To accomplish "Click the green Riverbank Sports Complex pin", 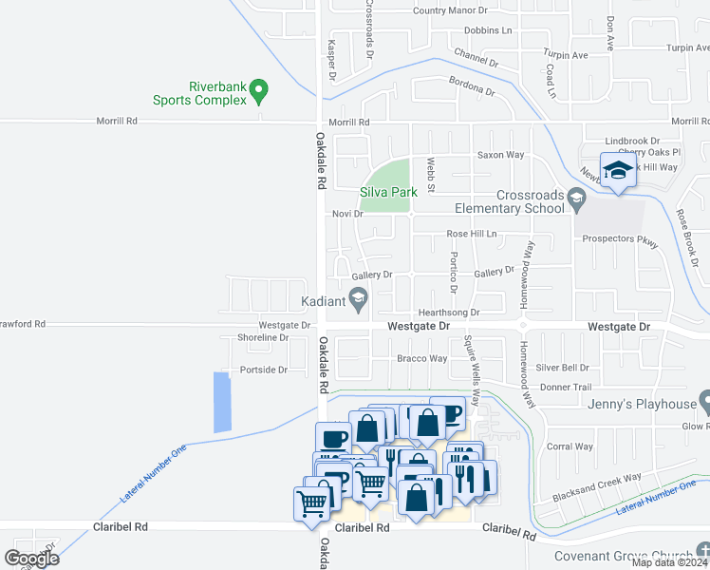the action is (x=258, y=92).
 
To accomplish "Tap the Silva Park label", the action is (x=389, y=192).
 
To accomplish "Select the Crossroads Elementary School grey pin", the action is (x=576, y=200).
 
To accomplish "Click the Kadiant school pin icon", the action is (x=358, y=303).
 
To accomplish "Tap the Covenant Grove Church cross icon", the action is (x=701, y=551).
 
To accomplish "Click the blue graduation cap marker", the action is (x=618, y=172).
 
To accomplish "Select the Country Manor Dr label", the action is (x=450, y=10).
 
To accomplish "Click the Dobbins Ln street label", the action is (x=488, y=30).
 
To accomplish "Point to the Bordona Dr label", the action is (x=472, y=86).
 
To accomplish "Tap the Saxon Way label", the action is (x=500, y=155).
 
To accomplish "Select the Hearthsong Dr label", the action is (x=447, y=313).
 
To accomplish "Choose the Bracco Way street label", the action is (x=421, y=359).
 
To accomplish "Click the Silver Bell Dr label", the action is (x=562, y=368).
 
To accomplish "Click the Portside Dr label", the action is (x=263, y=370).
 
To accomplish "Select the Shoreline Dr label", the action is (x=263, y=337).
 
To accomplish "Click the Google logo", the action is (x=31, y=558).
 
